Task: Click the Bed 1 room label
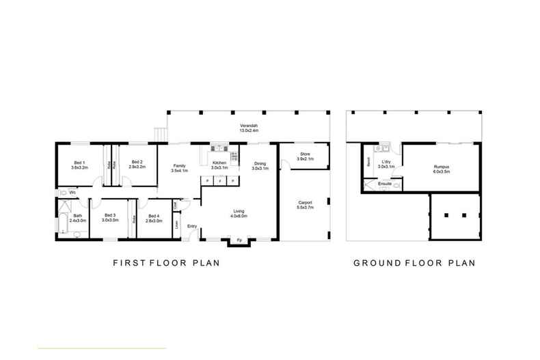(x=79, y=162)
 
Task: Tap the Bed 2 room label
(x=137, y=162)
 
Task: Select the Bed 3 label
(x=111, y=216)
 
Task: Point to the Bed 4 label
(x=154, y=216)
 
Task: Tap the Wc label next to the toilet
(x=73, y=193)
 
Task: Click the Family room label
(x=180, y=165)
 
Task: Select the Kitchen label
(x=219, y=163)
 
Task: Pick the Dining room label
(x=260, y=163)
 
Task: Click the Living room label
(x=239, y=212)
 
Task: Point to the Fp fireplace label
(x=239, y=240)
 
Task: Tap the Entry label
(x=192, y=226)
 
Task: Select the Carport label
(x=306, y=203)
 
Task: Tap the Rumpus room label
(x=441, y=167)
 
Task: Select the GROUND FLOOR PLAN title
(x=414, y=262)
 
